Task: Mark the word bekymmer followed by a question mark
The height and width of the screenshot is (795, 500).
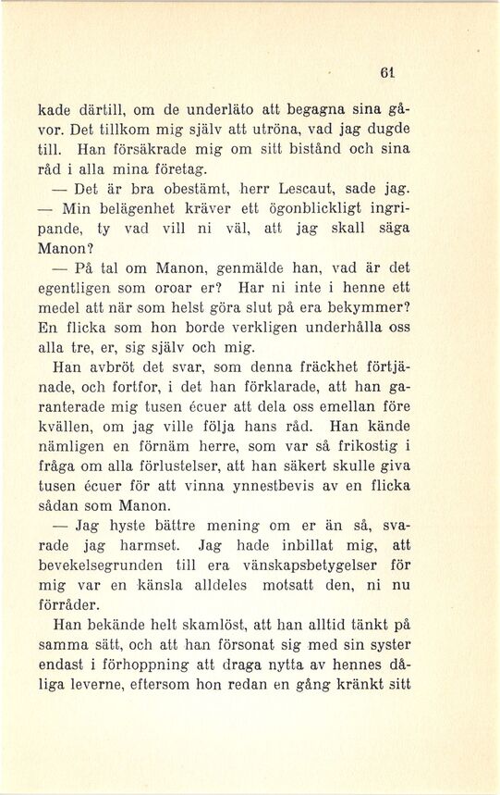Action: pos(368,307)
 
